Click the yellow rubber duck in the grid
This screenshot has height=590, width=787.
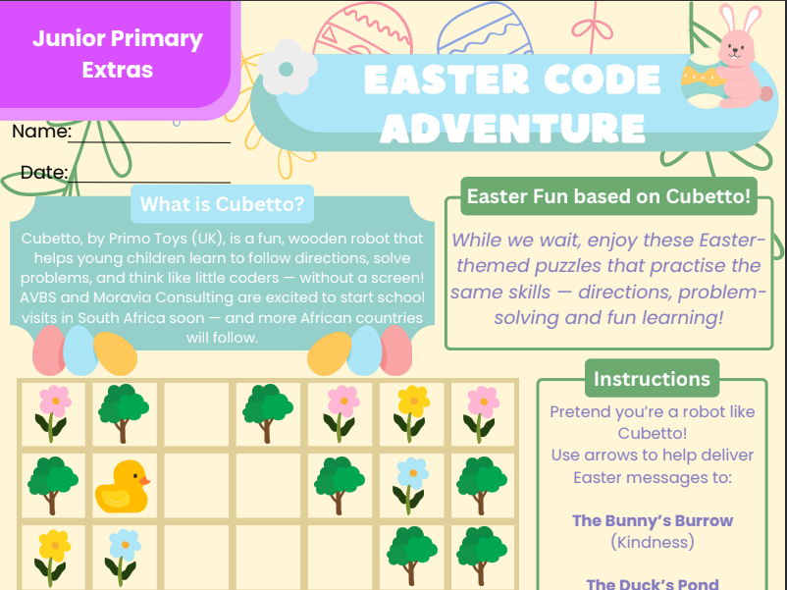[122, 487]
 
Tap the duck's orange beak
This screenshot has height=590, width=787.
[144, 481]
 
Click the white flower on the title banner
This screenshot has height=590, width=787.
[288, 68]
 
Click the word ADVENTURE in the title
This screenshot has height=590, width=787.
[512, 128]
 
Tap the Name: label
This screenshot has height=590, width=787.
[41, 132]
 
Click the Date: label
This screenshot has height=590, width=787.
[44, 172]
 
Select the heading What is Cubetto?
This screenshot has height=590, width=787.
[223, 204]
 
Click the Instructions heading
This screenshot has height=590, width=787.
[652, 379]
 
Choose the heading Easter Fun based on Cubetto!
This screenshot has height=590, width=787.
[608, 195]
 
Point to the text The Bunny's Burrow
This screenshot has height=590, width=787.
[653, 520]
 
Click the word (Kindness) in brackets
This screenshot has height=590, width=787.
[653, 542]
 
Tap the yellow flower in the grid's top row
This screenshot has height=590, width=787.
[411, 412]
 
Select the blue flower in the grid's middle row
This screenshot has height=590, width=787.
[411, 485]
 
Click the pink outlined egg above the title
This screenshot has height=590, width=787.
[362, 27]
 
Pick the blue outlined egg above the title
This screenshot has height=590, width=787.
[485, 28]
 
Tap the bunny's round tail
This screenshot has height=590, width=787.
[766, 94]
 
